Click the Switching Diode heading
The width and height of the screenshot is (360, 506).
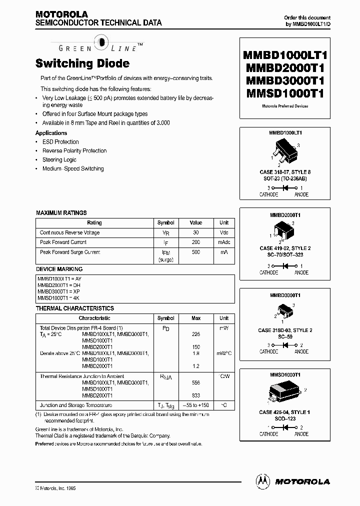pyautogui.click(x=82, y=63)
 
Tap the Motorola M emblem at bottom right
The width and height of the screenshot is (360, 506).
pyautogui.click(x=262, y=481)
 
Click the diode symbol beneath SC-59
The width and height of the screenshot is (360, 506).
pyautogui.click(x=285, y=345)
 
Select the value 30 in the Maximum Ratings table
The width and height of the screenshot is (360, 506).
pyautogui.click(x=196, y=232)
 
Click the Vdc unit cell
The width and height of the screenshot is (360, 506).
pyautogui.click(x=224, y=232)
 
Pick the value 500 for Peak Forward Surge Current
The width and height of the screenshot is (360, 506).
pyautogui.click(x=196, y=252)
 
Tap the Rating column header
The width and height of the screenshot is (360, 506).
pyautogui.click(x=94, y=223)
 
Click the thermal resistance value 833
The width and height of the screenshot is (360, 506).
pyautogui.click(x=196, y=395)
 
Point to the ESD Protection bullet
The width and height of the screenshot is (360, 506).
pyautogui.click(x=60, y=142)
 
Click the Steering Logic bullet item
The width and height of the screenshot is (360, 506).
pyautogui.click(x=59, y=160)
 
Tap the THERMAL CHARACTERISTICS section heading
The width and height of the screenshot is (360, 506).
pyautogui.click(x=75, y=308)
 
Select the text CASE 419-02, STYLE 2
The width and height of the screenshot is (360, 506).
pyautogui.click(x=284, y=248)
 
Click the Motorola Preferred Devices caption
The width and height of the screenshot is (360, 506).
pyautogui.click(x=285, y=106)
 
